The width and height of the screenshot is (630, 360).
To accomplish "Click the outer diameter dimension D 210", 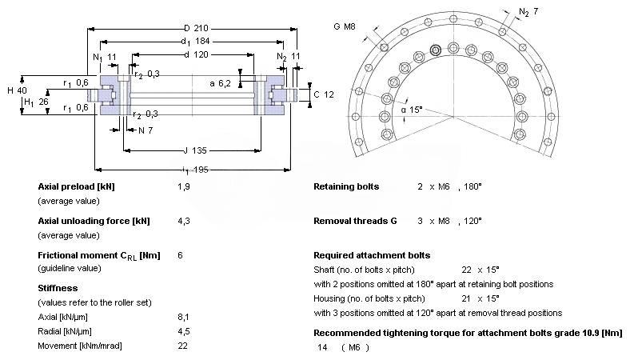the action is [196, 28].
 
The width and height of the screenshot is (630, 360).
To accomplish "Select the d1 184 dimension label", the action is [195, 41].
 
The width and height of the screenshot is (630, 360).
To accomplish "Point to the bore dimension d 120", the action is [196, 54].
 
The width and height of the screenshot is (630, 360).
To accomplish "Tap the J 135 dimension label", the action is [195, 150].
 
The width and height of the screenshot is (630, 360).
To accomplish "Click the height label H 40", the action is [17, 90].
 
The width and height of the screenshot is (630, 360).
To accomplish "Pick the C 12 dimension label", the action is [324, 94].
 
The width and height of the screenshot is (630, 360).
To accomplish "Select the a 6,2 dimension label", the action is [220, 83].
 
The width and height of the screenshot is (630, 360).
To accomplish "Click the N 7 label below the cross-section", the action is [146, 130].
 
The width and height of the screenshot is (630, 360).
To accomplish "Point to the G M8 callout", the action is [345, 26].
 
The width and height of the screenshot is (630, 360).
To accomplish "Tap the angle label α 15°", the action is [412, 110].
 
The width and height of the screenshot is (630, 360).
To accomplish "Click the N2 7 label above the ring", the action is [528, 12].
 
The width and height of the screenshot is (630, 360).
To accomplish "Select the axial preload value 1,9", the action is [184, 186].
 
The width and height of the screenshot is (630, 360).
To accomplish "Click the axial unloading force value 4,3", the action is [184, 221].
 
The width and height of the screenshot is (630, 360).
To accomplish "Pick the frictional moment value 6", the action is [180, 255].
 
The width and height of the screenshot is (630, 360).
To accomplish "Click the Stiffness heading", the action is [58, 288].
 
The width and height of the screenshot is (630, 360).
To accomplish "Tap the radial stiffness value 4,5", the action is [184, 331].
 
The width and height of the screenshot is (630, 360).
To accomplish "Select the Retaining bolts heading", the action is [346, 186].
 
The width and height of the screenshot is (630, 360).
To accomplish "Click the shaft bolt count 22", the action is [466, 270].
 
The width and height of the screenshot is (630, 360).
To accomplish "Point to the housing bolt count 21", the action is [466, 298].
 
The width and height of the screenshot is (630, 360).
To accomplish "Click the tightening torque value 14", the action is [322, 347].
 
